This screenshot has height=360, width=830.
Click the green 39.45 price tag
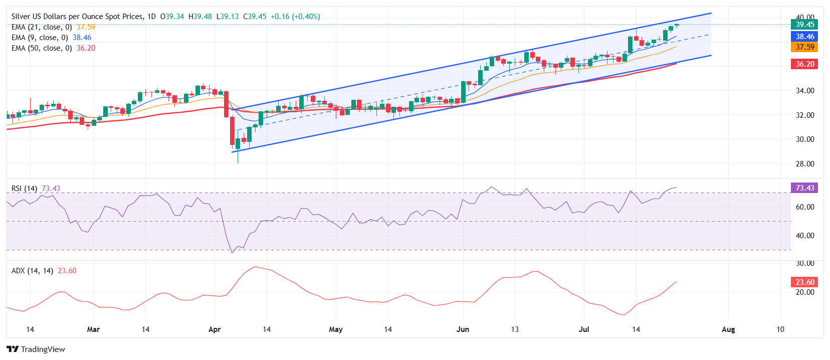point(804,24)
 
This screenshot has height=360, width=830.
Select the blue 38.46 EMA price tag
point(804,36)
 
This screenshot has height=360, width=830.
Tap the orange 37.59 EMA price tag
point(804,47)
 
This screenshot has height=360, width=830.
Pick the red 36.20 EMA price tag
point(804,64)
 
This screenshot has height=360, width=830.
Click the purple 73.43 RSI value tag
point(804,188)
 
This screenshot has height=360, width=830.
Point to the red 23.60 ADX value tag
point(804,282)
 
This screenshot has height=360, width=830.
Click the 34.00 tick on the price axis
point(805,91)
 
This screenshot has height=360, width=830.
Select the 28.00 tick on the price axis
point(805,164)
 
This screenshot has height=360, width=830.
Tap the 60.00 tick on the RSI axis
point(805,207)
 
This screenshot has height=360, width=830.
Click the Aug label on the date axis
point(728,329)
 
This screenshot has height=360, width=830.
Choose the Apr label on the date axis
point(215,329)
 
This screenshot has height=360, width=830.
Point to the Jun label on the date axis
point(463,329)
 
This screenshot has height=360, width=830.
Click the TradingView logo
point(36,349)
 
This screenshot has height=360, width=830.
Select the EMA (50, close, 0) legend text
point(42,48)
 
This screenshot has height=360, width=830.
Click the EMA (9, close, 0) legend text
point(40,38)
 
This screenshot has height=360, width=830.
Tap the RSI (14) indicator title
point(25,189)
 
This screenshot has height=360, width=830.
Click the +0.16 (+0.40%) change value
point(295,17)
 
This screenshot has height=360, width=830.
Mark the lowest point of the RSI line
point(232,253)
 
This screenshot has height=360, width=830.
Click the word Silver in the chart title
point(22,17)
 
